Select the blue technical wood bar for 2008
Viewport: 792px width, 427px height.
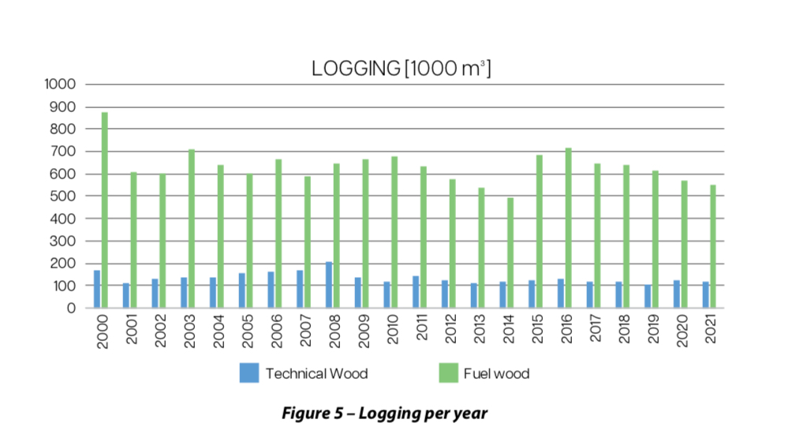pyautogui.click(x=329, y=285)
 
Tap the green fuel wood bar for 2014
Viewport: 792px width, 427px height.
pyautogui.click(x=510, y=253)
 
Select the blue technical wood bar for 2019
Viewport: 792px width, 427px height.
pyautogui.click(x=648, y=297)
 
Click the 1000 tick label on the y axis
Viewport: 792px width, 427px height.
pyautogui.click(x=61, y=84)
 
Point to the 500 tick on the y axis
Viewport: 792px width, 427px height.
pyautogui.click(x=64, y=197)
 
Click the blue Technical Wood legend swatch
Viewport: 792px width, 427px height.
pyautogui.click(x=249, y=373)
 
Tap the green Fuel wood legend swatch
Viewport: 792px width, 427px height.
pyautogui.click(x=448, y=373)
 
